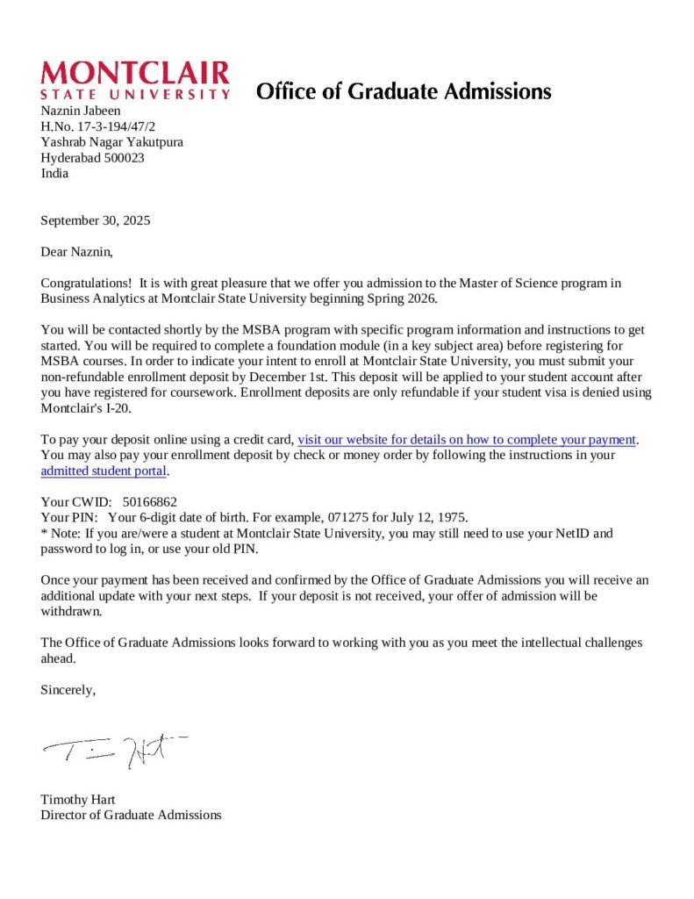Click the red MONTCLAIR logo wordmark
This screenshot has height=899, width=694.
pos(135,73)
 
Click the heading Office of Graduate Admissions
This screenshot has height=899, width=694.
pos(404,91)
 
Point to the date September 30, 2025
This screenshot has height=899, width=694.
pos(96,220)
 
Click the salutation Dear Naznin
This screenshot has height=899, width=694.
pos(77,252)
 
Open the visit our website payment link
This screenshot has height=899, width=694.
pos(467,439)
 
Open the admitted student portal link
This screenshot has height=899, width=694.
pos(104,471)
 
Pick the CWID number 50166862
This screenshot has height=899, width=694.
pos(150,502)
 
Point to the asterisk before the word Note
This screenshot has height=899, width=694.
pos(44,533)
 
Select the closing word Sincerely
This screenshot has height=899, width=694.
pos(68,690)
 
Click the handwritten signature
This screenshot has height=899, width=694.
pos(114,750)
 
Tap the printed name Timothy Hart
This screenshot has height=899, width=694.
pos(78,800)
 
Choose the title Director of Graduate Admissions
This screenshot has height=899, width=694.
pos(131,815)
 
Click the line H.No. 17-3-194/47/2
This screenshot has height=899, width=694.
pos(98,126)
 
